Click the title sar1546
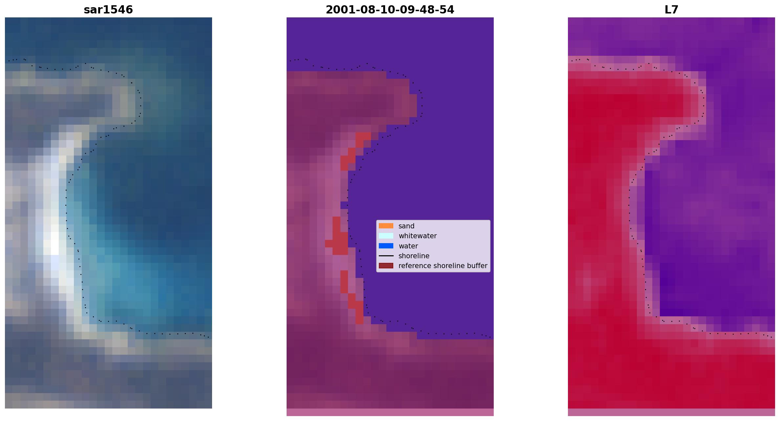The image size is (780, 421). (108, 10)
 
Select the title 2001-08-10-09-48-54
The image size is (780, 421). (390, 10)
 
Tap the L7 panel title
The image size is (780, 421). (671, 10)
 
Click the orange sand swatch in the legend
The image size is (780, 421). (386, 226)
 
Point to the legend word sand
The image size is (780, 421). (406, 226)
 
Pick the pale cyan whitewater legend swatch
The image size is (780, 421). (386, 236)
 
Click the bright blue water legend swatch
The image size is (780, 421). (386, 246)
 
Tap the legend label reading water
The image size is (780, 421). (408, 246)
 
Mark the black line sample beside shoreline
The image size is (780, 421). (386, 256)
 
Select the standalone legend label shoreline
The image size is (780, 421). (414, 256)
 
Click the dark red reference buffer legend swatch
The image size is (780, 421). (386, 265)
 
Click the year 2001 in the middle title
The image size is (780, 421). (337, 10)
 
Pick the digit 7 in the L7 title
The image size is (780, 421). (675, 10)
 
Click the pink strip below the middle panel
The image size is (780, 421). (390, 412)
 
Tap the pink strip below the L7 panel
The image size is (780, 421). (671, 412)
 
